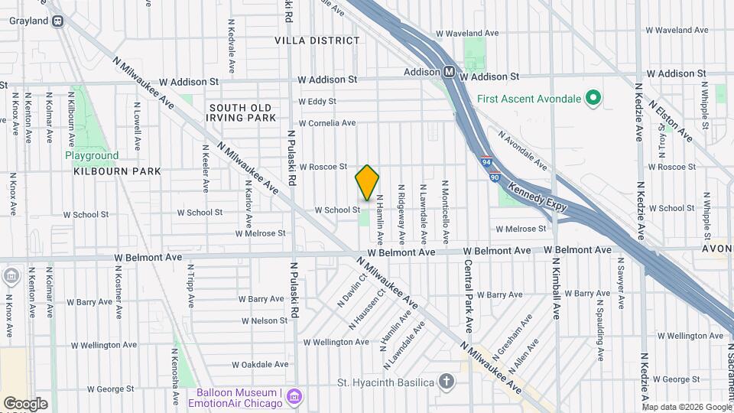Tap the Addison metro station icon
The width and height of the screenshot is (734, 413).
[x=451, y=72]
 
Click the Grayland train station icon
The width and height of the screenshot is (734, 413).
[x=58, y=21]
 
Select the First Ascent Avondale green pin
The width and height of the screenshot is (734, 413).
[x=592, y=98]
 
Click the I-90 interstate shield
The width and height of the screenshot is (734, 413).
[x=495, y=177]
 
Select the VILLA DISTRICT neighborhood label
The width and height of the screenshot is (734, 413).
[x=317, y=40]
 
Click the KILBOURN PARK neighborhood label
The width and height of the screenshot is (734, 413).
[x=117, y=171]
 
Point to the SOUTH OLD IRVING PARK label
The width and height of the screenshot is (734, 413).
[x=241, y=112]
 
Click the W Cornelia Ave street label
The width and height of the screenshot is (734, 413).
[x=326, y=122]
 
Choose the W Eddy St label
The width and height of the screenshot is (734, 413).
[x=317, y=101]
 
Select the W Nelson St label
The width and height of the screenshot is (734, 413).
[x=264, y=320]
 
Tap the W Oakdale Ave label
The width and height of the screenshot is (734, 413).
[x=261, y=364]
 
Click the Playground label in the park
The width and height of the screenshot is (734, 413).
[x=92, y=155]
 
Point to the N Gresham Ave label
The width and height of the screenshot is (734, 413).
[x=514, y=331]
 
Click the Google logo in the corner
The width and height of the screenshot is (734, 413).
[x=25, y=403]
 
